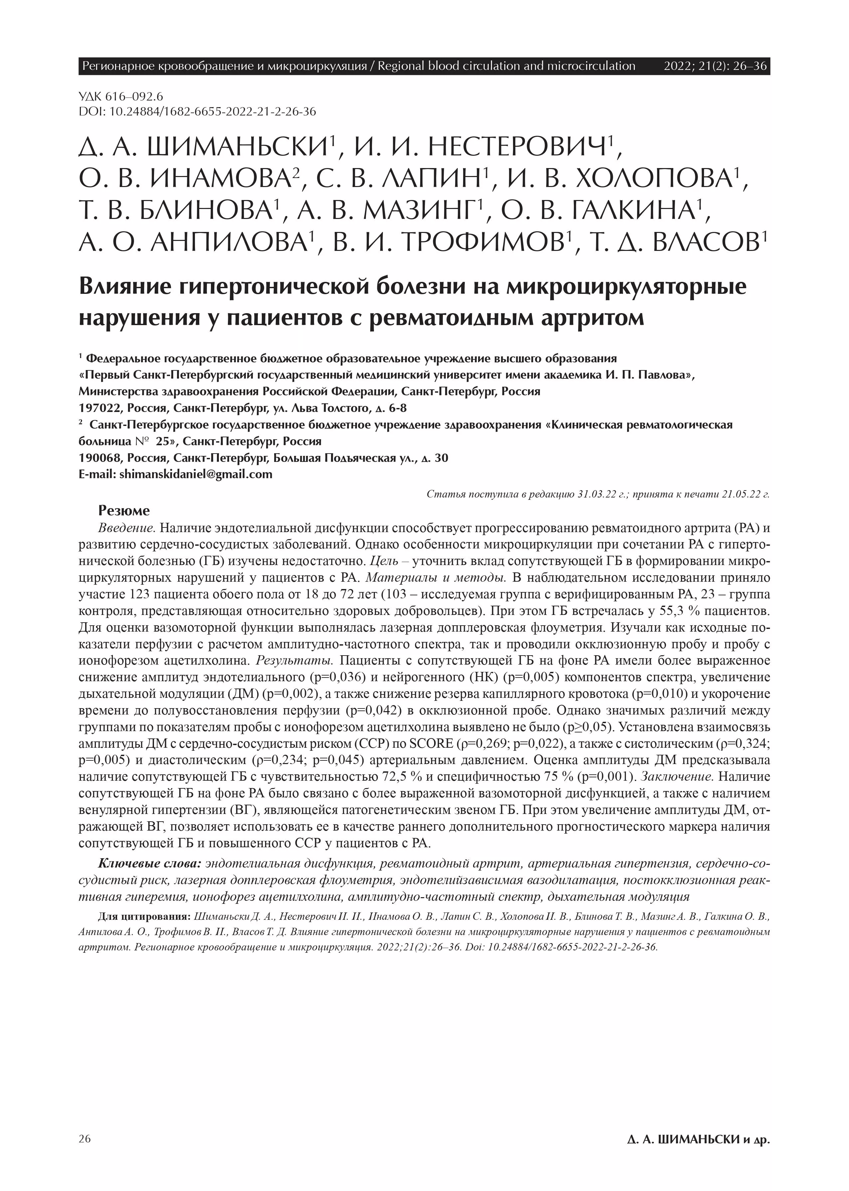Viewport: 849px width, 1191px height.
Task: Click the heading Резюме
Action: click(124, 510)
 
